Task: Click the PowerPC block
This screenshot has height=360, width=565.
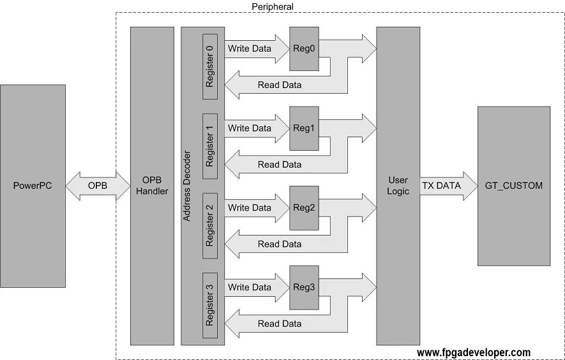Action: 33,186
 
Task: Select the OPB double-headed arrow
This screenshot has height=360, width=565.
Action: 98,186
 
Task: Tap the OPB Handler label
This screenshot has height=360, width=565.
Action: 153,186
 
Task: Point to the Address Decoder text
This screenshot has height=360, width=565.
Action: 187,186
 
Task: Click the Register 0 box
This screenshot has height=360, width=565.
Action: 210,66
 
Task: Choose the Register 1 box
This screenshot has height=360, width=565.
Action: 210,146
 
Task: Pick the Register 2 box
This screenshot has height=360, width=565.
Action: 210,226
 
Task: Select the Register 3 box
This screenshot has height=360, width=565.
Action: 210,306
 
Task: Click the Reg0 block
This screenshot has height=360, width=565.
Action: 304,49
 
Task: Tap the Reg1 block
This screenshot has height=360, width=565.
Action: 304,128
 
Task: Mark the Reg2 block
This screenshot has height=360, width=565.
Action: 304,208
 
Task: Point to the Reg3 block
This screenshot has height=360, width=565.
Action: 304,288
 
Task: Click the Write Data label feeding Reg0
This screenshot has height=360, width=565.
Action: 250,49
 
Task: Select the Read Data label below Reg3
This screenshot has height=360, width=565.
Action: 280,324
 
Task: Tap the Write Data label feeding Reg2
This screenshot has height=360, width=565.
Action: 250,208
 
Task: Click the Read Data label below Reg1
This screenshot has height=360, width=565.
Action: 280,165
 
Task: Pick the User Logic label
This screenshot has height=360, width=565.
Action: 398,186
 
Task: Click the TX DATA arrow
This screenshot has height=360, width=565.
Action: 447,186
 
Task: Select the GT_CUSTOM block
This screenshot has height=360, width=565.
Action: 513,186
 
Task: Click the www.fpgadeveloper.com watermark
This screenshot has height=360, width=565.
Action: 473,352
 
